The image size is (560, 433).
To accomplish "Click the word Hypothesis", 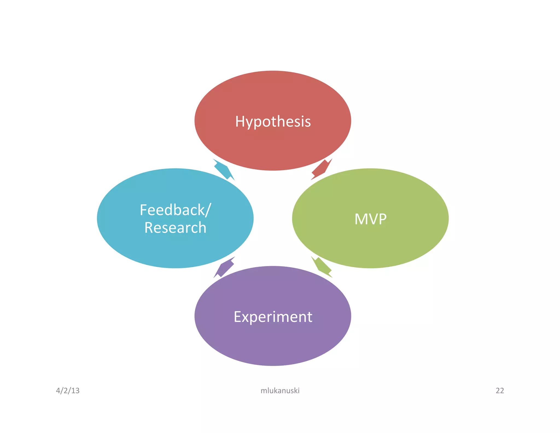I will pyautogui.click(x=273, y=121).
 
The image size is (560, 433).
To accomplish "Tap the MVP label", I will pyautogui.click(x=371, y=219).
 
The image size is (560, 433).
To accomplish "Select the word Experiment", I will pyautogui.click(x=273, y=317).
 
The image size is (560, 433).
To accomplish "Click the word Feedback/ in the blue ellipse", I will pyautogui.click(x=175, y=210).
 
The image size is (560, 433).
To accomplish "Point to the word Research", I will pyautogui.click(x=175, y=228).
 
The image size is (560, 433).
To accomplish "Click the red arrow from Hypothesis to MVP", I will pyautogui.click(x=321, y=169).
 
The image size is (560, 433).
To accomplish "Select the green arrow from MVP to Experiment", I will pyautogui.click(x=322, y=267).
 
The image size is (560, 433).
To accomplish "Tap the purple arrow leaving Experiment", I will pyautogui.click(x=224, y=267).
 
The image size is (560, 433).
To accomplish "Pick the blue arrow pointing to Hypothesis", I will pyautogui.click(x=224, y=169).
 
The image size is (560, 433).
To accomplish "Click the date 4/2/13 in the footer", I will pyautogui.click(x=68, y=391).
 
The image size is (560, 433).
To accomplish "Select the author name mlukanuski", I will pyautogui.click(x=280, y=391).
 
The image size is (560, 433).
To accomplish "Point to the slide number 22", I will pyautogui.click(x=500, y=391).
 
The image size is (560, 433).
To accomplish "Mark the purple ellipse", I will pyautogui.click(x=273, y=345).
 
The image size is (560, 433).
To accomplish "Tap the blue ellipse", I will pyautogui.click(x=175, y=249).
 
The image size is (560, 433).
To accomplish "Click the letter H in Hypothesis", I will pyautogui.click(x=240, y=121).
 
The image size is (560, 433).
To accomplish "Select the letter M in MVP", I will pyautogui.click(x=360, y=219).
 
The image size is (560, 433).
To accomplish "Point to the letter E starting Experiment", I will pyautogui.click(x=237, y=317).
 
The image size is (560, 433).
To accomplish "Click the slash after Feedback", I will pyautogui.click(x=208, y=210).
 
